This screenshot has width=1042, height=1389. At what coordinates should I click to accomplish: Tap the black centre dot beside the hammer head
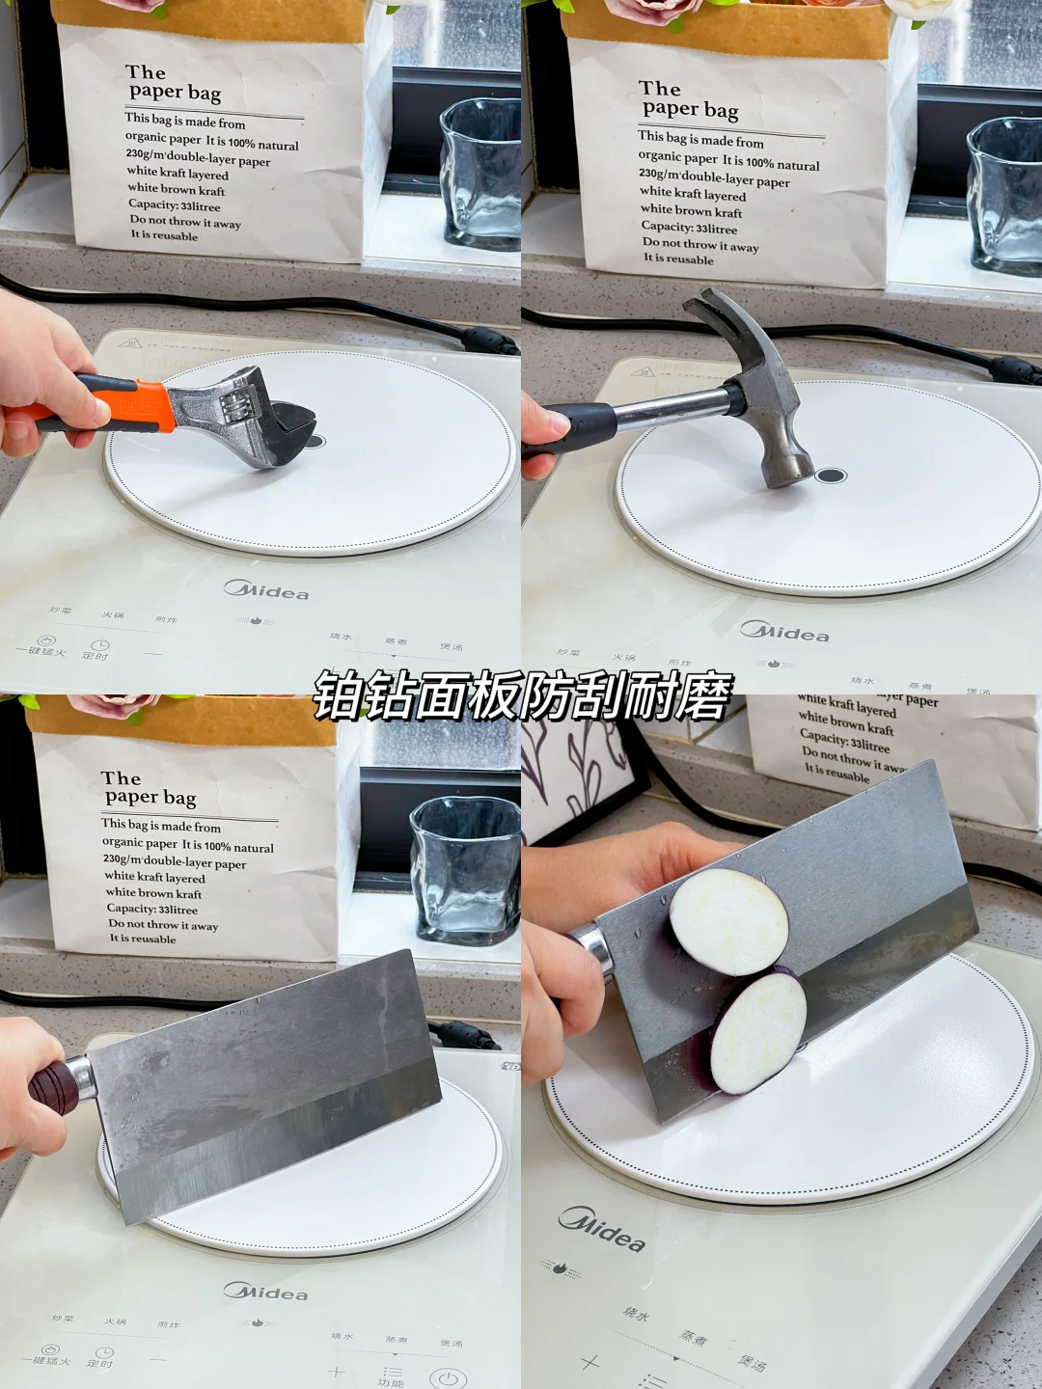pos(831,476)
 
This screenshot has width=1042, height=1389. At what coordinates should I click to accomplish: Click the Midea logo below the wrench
pos(266,589)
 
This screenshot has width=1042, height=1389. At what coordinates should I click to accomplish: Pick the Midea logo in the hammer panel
pos(784,632)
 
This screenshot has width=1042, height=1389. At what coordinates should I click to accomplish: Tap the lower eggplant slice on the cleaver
pos(759,1033)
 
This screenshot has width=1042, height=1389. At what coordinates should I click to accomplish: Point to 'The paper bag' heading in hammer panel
pos(689,100)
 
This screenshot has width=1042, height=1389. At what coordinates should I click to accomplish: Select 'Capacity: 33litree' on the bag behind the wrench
pos(174,205)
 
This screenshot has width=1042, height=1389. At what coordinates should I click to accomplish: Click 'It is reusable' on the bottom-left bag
pos(143,939)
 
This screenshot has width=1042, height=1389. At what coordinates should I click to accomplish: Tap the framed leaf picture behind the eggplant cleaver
pos(584,772)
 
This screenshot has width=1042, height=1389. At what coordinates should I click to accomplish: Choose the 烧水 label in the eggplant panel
pos(636,1314)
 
